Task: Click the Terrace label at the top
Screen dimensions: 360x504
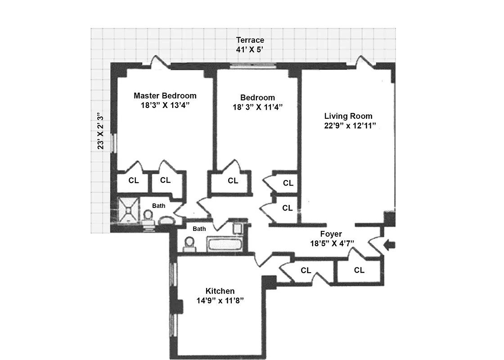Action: coord(250,40)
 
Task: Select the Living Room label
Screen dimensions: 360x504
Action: coord(348,116)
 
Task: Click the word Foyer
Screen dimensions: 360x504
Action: coord(331,234)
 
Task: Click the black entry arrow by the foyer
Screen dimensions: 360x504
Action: coord(389,245)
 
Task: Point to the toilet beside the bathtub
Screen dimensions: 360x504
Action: coord(189,244)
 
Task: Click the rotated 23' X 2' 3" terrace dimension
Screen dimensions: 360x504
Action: coord(101,131)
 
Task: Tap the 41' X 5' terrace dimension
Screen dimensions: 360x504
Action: coord(250,49)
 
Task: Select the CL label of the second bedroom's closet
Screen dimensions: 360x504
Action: coord(233,181)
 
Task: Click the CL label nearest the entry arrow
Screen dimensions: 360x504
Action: coord(359,270)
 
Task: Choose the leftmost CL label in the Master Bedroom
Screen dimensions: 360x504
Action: coord(134,180)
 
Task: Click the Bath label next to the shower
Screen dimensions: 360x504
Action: coord(158,206)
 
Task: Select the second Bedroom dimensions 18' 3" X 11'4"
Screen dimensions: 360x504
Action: coord(257,107)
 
